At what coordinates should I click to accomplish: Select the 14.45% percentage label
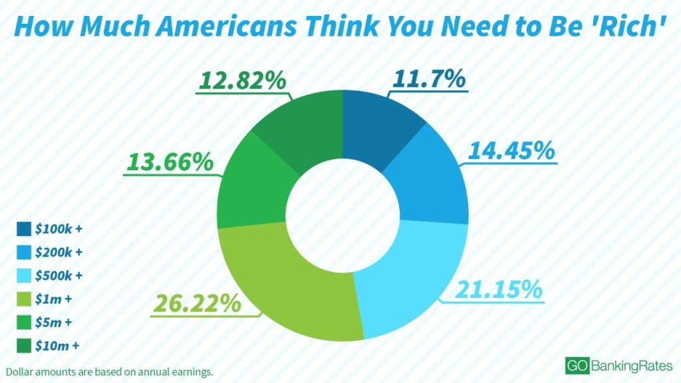(x=511, y=150)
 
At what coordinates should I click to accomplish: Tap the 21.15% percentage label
(x=498, y=290)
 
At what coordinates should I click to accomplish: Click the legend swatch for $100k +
(x=24, y=229)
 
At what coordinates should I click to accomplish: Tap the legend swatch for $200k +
(x=24, y=253)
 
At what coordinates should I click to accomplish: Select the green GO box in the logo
(x=576, y=365)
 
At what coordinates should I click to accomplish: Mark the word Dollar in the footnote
(x=19, y=371)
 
